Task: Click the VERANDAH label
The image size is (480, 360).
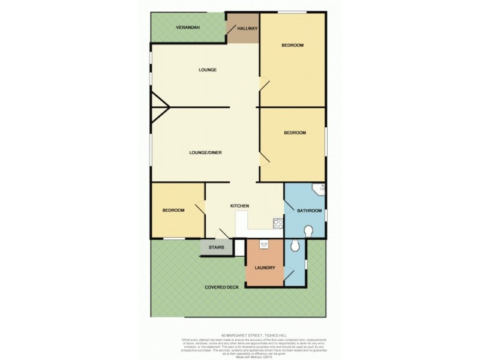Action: (x=188, y=28)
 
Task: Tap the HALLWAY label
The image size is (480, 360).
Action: (x=247, y=28)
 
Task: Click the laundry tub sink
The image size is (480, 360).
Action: (x=264, y=245)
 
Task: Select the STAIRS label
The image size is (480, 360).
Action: (x=216, y=247)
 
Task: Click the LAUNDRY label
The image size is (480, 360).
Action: (x=265, y=268)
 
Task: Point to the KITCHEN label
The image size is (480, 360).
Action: (x=240, y=206)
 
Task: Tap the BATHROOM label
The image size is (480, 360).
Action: (x=310, y=211)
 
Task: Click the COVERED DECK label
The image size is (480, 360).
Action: (x=221, y=287)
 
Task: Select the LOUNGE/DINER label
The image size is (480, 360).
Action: (x=205, y=152)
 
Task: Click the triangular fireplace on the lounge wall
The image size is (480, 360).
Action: (x=159, y=107)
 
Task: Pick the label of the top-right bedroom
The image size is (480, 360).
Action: (x=293, y=46)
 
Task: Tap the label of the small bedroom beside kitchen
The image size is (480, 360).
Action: (x=173, y=211)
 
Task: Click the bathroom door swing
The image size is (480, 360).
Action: (x=289, y=207)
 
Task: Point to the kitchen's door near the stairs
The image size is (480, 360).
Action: (x=223, y=233)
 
